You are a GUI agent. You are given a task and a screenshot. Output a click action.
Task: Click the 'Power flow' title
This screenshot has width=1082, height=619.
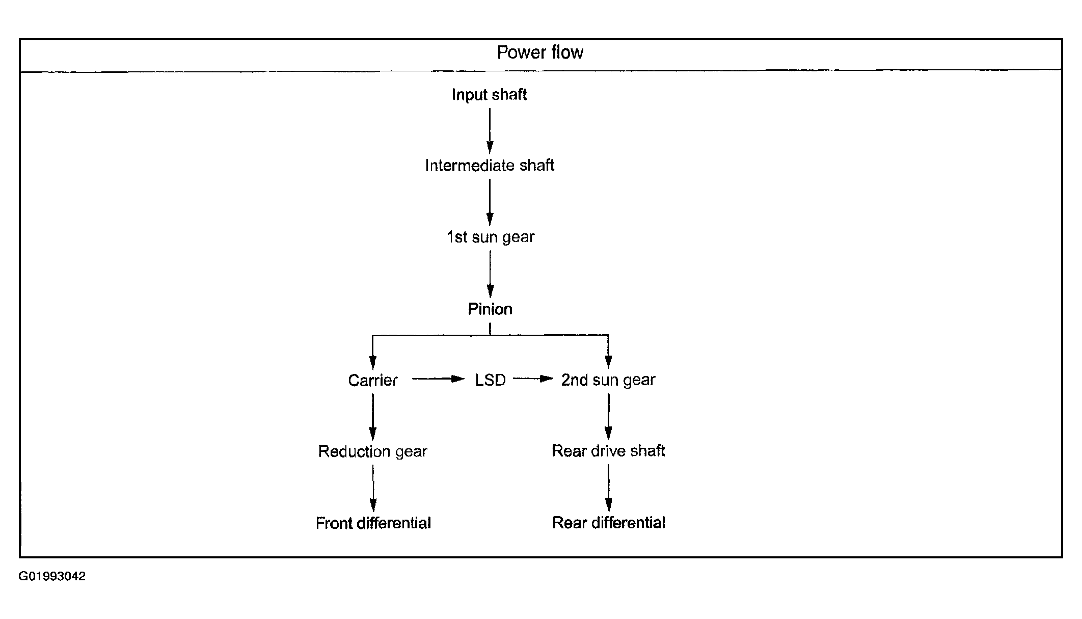coord(540,52)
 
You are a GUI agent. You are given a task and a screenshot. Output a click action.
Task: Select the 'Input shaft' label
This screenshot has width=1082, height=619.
coord(489,95)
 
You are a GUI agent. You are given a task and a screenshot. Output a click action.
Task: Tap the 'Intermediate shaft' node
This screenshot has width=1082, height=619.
coord(490,166)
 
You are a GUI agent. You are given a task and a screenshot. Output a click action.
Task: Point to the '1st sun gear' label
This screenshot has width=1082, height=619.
coord(491,237)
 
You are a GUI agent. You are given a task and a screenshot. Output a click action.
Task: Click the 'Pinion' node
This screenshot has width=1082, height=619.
coord(490,309)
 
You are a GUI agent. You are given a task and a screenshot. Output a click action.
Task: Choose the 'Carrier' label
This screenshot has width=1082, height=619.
coord(373,380)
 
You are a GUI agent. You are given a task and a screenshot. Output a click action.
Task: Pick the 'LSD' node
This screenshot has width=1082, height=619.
coord(490,380)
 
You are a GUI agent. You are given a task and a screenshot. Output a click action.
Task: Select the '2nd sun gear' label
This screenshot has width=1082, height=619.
coord(608,380)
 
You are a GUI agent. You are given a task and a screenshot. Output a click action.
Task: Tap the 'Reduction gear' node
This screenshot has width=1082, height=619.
coord(372,452)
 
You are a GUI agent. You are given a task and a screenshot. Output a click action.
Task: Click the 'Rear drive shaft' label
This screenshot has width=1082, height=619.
coord(608,451)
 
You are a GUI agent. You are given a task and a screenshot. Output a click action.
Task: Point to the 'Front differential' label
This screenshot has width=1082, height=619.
coord(373,523)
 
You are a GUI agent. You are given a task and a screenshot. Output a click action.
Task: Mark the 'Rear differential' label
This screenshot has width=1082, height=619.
coord(609,523)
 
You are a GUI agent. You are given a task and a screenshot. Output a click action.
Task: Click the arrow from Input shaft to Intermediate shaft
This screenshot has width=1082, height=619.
coord(490,130)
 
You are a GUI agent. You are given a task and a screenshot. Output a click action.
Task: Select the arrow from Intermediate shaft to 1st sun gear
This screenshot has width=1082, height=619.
coord(490,202)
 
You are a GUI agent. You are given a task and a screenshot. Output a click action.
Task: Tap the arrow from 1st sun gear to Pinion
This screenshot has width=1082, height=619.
coord(490,274)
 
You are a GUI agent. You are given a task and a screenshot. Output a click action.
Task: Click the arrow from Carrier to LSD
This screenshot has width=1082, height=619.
coord(438,379)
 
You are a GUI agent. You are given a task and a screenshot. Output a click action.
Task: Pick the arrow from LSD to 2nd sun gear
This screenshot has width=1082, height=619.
coord(533,379)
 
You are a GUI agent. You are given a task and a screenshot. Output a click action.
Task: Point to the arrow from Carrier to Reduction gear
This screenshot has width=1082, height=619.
coord(372,417)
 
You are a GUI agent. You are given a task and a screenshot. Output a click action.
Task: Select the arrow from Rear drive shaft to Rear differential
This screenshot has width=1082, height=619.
coord(608,488)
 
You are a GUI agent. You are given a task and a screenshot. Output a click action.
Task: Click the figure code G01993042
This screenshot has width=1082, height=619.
coord(52,577)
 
